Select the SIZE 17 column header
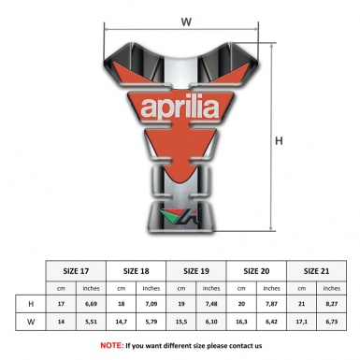[76, 270]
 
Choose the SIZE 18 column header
[137, 270]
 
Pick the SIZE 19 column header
[197, 270]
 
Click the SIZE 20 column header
[257, 270]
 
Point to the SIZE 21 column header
[316, 270]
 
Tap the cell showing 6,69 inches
[92, 305]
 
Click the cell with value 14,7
[122, 323]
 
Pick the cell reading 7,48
[211, 305]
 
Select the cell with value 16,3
[241, 323]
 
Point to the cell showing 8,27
[330, 305]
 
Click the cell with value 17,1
[301, 323]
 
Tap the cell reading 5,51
[92, 323]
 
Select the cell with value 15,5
[181, 323]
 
